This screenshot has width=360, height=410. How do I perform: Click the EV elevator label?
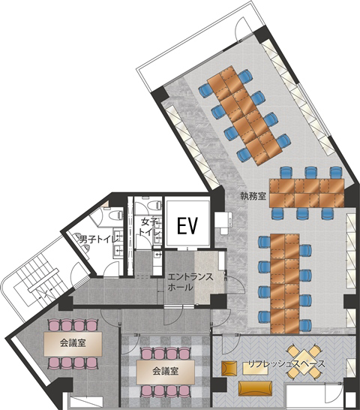[187, 225]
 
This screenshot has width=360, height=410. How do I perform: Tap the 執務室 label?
[253, 196]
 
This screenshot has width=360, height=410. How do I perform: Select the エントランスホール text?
[190, 282]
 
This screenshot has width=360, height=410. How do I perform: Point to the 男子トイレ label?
[99, 239]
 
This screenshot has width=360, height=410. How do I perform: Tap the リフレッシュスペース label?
[286, 364]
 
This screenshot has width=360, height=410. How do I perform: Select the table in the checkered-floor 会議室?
[165, 372]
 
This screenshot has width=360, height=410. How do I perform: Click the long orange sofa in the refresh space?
[255, 388]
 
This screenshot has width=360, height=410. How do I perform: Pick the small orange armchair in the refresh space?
[229, 368]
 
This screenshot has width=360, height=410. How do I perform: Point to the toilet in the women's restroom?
[154, 206]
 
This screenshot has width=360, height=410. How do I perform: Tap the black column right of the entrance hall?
[218, 301]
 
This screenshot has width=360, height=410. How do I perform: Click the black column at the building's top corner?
[262, 35]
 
